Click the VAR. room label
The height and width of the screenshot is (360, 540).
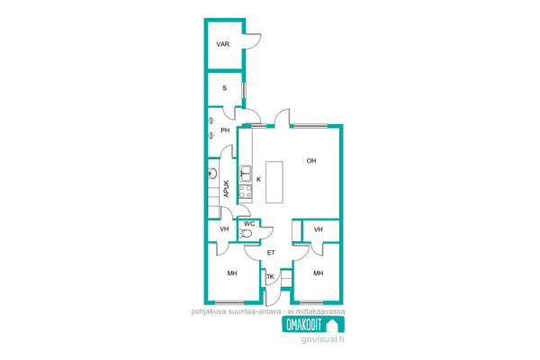[223, 44]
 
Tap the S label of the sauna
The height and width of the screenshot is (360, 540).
[224, 88]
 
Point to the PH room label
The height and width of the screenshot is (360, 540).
[225, 130]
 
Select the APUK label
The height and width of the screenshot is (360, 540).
[226, 189]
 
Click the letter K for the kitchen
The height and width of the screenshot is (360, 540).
[259, 179]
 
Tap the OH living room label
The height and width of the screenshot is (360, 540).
[311, 160]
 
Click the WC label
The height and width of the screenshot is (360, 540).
[249, 223]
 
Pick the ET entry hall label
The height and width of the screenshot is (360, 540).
[271, 253]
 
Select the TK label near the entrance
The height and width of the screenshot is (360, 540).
[271, 276]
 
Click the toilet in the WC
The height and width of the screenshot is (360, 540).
[245, 234]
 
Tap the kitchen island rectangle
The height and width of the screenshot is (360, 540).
[274, 182]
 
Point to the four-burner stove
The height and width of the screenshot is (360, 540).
[246, 192]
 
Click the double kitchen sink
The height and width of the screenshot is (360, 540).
[246, 174]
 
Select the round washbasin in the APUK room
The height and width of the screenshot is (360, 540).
[212, 174]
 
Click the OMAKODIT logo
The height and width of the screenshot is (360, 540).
[313, 325]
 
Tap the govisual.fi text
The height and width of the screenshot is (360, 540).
[323, 339]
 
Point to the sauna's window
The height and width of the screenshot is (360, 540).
[244, 90]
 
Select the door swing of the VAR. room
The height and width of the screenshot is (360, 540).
[252, 41]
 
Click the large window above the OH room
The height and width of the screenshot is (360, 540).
[310, 126]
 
